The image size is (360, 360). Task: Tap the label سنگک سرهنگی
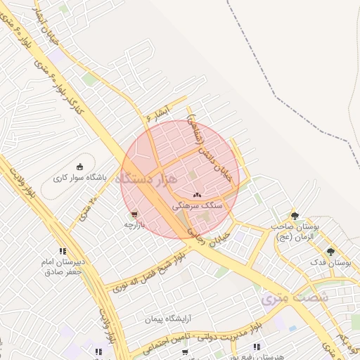click(202, 205)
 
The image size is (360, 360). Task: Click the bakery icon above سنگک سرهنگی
click(198, 195)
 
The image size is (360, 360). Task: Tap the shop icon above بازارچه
click(134, 214)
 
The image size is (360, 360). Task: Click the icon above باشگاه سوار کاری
click(79, 167)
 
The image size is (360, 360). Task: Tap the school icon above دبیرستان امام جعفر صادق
click(63, 251)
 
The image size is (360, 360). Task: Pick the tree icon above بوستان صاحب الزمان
click(295, 216)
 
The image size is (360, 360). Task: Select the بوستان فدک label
click(334, 262)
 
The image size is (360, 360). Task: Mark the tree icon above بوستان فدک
click(330, 251)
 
